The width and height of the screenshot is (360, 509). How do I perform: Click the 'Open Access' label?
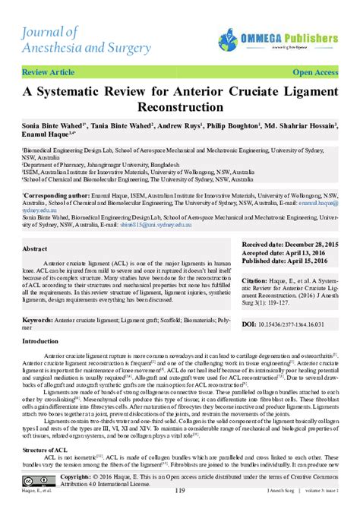(x=315, y=72)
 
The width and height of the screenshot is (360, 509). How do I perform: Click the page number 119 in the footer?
(x=180, y=491)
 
